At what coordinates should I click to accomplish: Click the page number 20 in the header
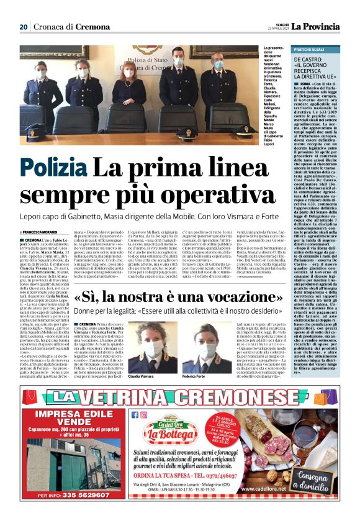pos(24,27)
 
